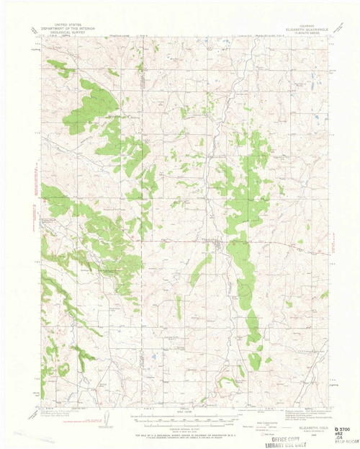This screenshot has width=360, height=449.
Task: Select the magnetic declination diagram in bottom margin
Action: pyautogui.click(x=106, y=419)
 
